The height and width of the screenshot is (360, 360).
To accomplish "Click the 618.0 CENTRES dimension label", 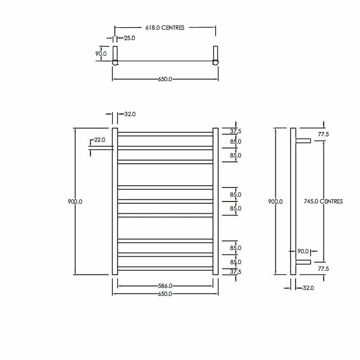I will point(165,28).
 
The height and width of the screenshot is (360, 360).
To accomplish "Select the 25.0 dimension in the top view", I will point(130,38).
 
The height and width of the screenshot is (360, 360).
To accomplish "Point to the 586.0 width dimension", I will point(165,286).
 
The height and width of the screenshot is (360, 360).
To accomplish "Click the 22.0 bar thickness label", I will point(99,140).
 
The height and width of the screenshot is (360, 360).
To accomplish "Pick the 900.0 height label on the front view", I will point(75,202).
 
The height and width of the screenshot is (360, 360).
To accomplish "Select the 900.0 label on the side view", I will point(275,202).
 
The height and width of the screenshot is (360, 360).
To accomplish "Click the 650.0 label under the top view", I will point(165,79).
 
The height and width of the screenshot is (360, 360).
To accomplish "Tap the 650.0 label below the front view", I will point(165,294).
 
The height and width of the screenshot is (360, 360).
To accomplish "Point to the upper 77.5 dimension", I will point(323,134).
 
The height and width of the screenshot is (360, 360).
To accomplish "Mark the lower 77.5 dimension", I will point(323,269).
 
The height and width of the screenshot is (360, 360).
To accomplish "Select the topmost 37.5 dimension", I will point(236,131).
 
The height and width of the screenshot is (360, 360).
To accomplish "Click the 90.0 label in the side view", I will point(303,252).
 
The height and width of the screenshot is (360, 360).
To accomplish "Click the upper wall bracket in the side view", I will point(303,140).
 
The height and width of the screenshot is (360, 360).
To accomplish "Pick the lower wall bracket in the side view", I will point(303,262).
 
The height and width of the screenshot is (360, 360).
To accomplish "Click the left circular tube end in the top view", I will point(115,62).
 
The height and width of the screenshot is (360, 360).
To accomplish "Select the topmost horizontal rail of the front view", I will point(165,134).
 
